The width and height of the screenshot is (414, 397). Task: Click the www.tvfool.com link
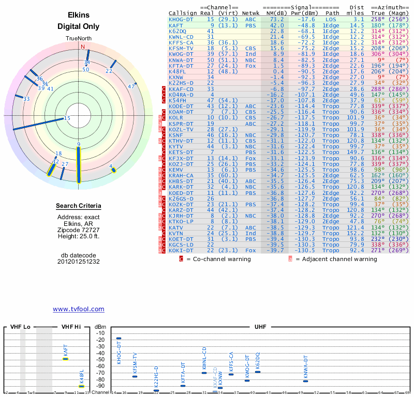coord(78,309)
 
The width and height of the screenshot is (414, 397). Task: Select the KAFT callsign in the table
coord(176,25)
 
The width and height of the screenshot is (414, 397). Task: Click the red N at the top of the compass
coord(82,47)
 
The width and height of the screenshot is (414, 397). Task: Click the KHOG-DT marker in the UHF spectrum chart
coord(119,339)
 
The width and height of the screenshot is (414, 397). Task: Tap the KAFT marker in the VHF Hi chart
coord(66,358)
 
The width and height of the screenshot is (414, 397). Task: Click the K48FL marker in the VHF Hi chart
coord(81,386)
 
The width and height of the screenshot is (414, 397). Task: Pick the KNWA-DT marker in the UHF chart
coord(305,381)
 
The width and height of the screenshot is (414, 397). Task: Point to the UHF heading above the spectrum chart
coord(260,327)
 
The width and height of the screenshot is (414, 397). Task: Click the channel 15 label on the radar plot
coord(67,118)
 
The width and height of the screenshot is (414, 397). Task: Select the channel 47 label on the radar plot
coord(131,86)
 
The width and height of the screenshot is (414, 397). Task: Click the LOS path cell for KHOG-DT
coord(331,19)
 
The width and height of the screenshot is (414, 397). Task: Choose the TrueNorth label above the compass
coord(78,39)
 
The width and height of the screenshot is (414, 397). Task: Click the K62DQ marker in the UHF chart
coord(258,372)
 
